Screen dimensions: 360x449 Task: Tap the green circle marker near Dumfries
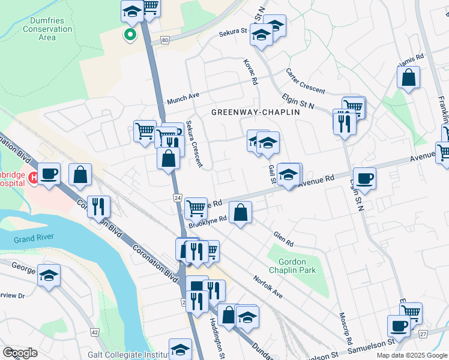tap(129, 35)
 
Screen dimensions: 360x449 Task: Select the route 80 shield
tap(164, 40)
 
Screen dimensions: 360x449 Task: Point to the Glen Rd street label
tap(282, 239)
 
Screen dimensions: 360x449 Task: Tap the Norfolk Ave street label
tap(268, 287)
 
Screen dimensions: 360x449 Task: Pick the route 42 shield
tap(95, 332)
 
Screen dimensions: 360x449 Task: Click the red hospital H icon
tap(33, 177)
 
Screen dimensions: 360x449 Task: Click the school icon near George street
tap(49, 275)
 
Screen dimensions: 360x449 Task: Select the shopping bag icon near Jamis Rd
tap(409, 77)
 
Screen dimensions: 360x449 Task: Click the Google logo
tap(20, 353)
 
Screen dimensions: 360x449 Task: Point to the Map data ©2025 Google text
tap(411, 355)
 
